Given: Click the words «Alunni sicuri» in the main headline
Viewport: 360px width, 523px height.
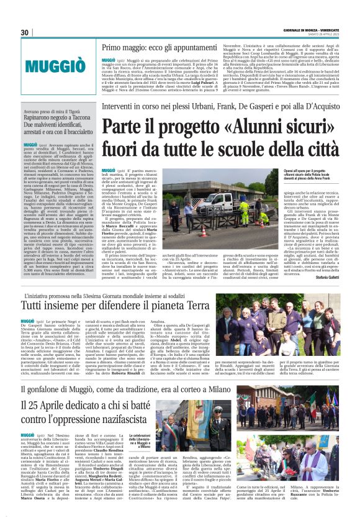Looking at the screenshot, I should pyautogui.click(x=243, y=129).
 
